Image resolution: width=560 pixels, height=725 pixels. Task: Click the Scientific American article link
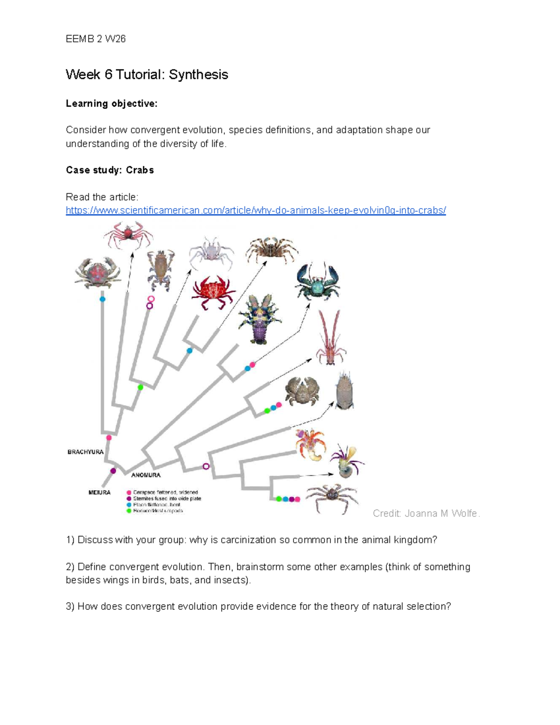pos(256,211)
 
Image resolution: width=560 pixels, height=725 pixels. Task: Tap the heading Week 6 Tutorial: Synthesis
pos(147,75)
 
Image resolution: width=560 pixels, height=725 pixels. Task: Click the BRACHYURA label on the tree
pos(85,452)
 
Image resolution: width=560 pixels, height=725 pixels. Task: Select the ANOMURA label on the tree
pos(146,475)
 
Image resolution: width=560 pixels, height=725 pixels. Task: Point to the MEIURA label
pos(99,493)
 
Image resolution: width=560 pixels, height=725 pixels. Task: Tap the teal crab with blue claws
pos(317,281)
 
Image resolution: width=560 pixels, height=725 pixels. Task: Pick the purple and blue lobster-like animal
pos(259,319)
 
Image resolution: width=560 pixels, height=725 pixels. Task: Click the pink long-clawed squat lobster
pos(330,338)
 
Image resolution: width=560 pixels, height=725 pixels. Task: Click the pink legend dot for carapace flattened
pos(129,492)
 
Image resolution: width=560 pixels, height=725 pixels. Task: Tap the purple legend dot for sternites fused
pos(129,498)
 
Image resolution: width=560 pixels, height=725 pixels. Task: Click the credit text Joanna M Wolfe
pos(426,514)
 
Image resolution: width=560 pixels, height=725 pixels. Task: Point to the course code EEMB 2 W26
pos(96,39)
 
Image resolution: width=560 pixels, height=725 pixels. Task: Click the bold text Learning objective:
pos(112,104)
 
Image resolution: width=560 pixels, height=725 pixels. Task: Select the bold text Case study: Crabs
pos(110,170)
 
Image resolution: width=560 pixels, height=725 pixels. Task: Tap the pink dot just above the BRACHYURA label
pos(109,437)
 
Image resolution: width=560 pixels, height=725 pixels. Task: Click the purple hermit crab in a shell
pos(347,461)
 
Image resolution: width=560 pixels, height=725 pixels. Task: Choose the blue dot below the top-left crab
pos(102,299)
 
